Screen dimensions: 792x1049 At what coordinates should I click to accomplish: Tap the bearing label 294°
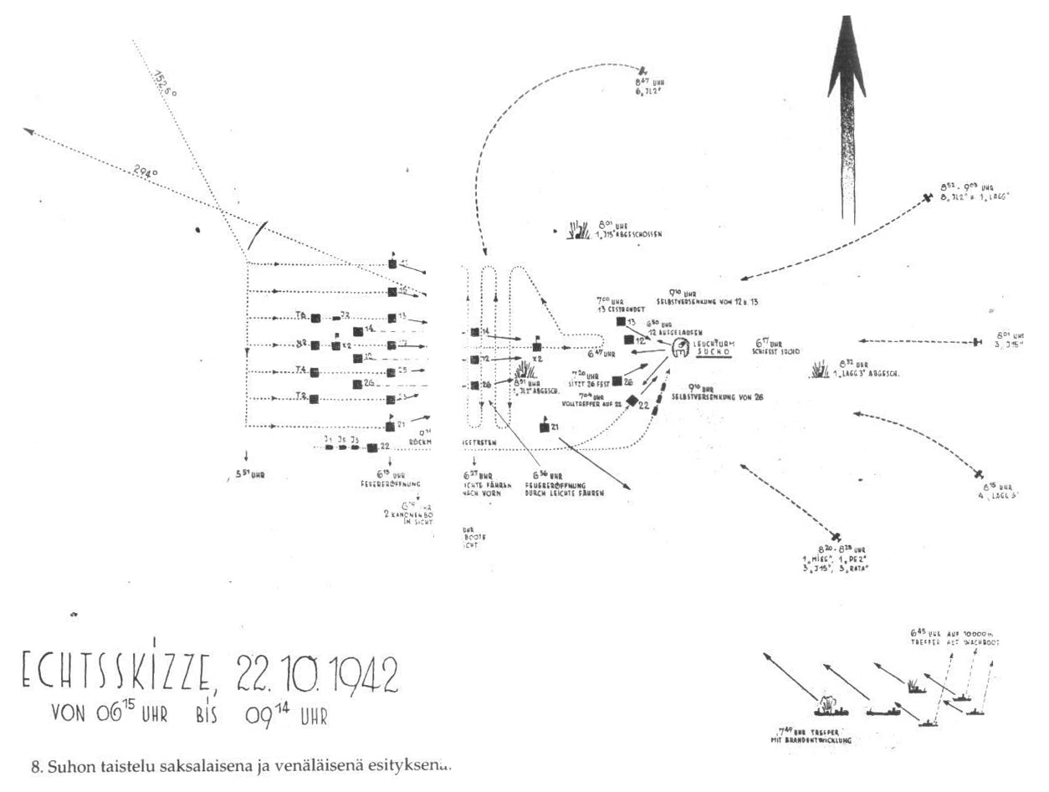click(x=146, y=172)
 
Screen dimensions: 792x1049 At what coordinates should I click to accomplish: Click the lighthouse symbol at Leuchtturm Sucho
click(x=680, y=344)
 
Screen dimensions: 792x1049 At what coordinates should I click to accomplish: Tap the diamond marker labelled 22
click(x=632, y=401)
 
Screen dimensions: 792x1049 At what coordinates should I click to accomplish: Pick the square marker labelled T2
click(x=315, y=399)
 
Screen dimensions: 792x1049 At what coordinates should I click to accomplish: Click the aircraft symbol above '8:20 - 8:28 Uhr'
click(x=836, y=536)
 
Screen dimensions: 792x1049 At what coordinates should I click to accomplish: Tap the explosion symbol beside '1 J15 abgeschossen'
click(x=577, y=228)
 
